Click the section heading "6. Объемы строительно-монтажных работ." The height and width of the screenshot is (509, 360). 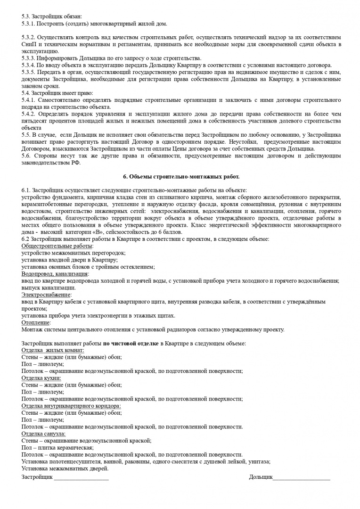[x=181, y=177]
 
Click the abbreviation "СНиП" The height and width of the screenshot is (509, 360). [x=29, y=44]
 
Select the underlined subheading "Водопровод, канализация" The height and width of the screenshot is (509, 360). [x=55, y=274]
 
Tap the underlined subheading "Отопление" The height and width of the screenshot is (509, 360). [x=36, y=322]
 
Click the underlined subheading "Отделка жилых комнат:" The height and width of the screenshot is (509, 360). [x=53, y=350]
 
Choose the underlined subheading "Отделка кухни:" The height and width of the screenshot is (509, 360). [x=41, y=378]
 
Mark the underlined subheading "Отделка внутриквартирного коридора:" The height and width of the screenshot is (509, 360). [x=71, y=406]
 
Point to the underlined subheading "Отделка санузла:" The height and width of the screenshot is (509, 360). [x=43, y=434]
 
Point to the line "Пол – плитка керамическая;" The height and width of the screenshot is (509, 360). [x=57, y=448]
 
